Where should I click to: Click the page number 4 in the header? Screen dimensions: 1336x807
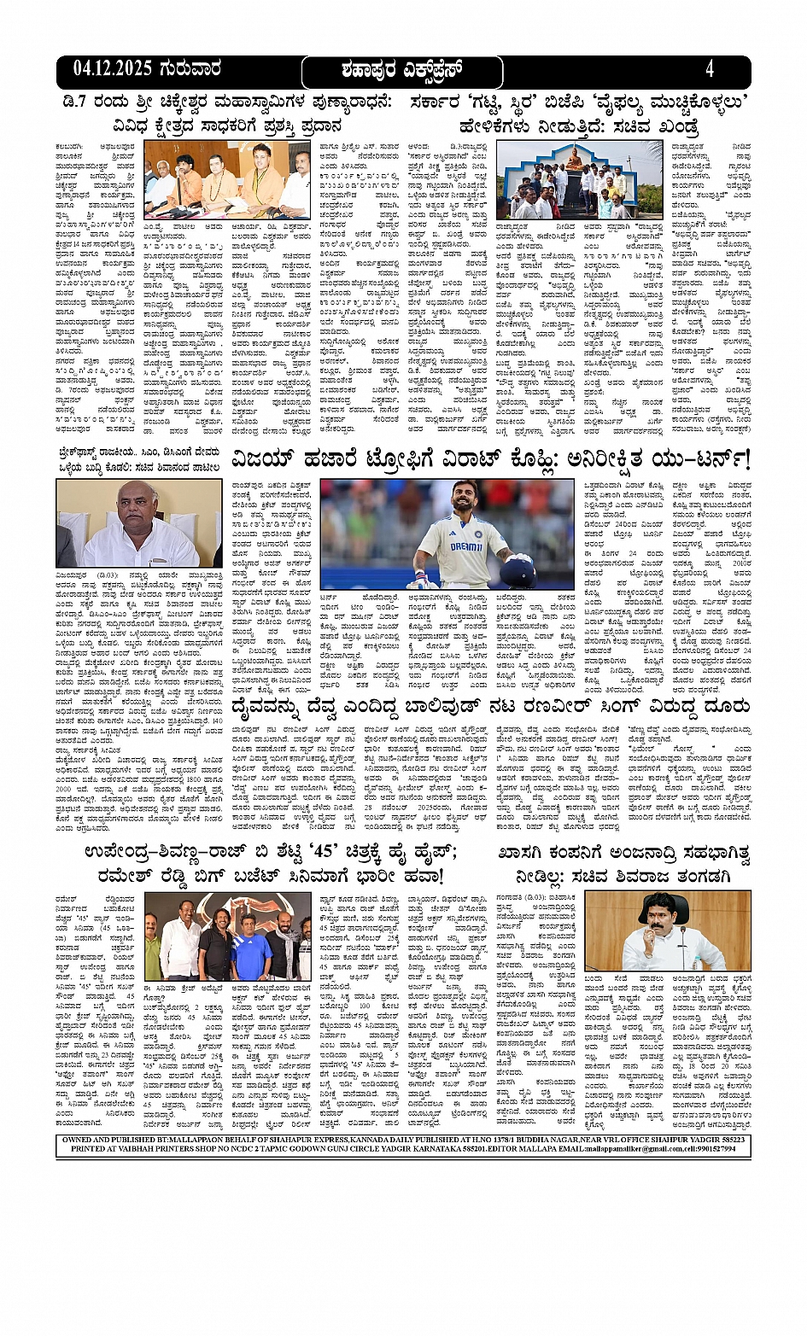pyautogui.click(x=709, y=69)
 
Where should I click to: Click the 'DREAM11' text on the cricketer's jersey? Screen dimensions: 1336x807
pyautogui.click(x=466, y=546)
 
